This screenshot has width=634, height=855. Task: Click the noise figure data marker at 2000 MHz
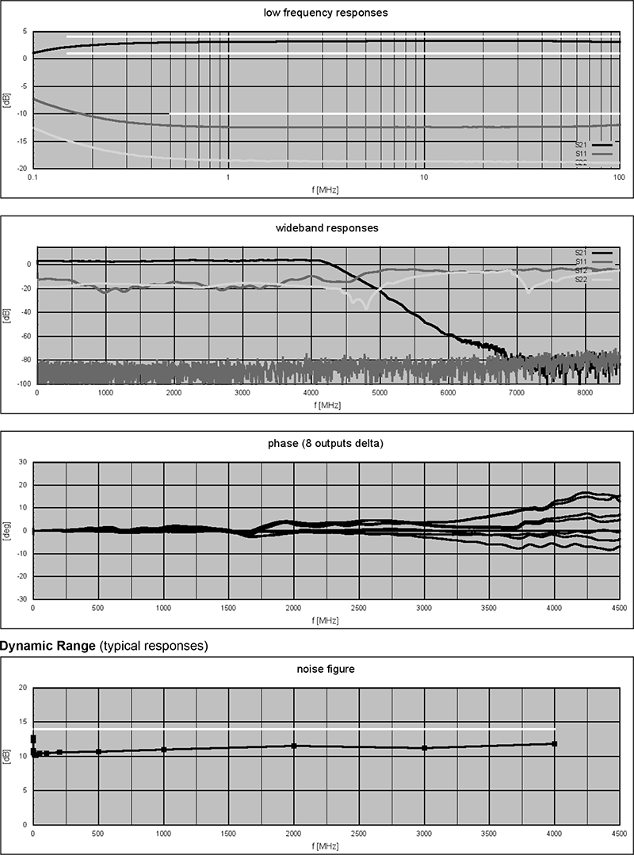294,746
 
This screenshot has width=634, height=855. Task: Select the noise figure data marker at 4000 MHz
555,743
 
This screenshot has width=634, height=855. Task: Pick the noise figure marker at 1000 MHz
163,749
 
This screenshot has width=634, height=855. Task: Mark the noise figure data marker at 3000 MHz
425,747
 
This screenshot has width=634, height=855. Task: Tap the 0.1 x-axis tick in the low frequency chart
32,179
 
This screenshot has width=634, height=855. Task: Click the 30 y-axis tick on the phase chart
22,462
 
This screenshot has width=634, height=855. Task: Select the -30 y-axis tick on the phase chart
21,599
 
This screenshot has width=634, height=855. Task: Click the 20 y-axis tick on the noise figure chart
22,689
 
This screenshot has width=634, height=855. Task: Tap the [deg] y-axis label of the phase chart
6,531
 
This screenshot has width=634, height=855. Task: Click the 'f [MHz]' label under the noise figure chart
326,847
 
